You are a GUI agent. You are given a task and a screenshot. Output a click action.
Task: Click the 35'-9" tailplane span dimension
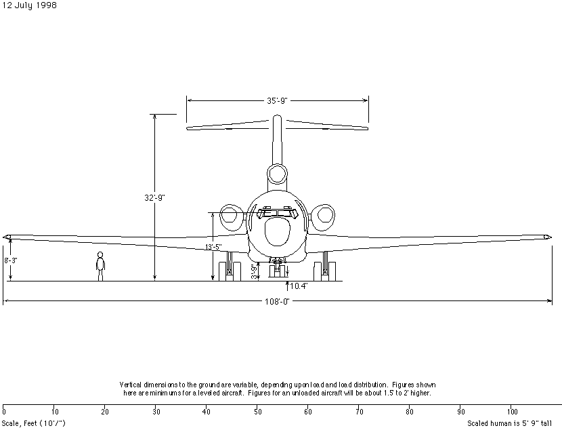(277, 100)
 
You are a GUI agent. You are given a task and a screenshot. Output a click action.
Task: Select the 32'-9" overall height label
(154, 198)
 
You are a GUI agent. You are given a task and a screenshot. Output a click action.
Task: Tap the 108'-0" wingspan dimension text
(277, 302)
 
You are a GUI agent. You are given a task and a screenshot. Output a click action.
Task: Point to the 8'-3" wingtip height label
(11, 260)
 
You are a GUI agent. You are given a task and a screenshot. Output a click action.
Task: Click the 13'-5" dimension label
(213, 247)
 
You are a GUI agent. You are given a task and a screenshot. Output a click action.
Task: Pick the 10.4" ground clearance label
(299, 286)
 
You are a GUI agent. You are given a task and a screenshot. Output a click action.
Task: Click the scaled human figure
(100, 266)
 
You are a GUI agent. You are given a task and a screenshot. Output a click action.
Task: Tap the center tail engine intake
(277, 174)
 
